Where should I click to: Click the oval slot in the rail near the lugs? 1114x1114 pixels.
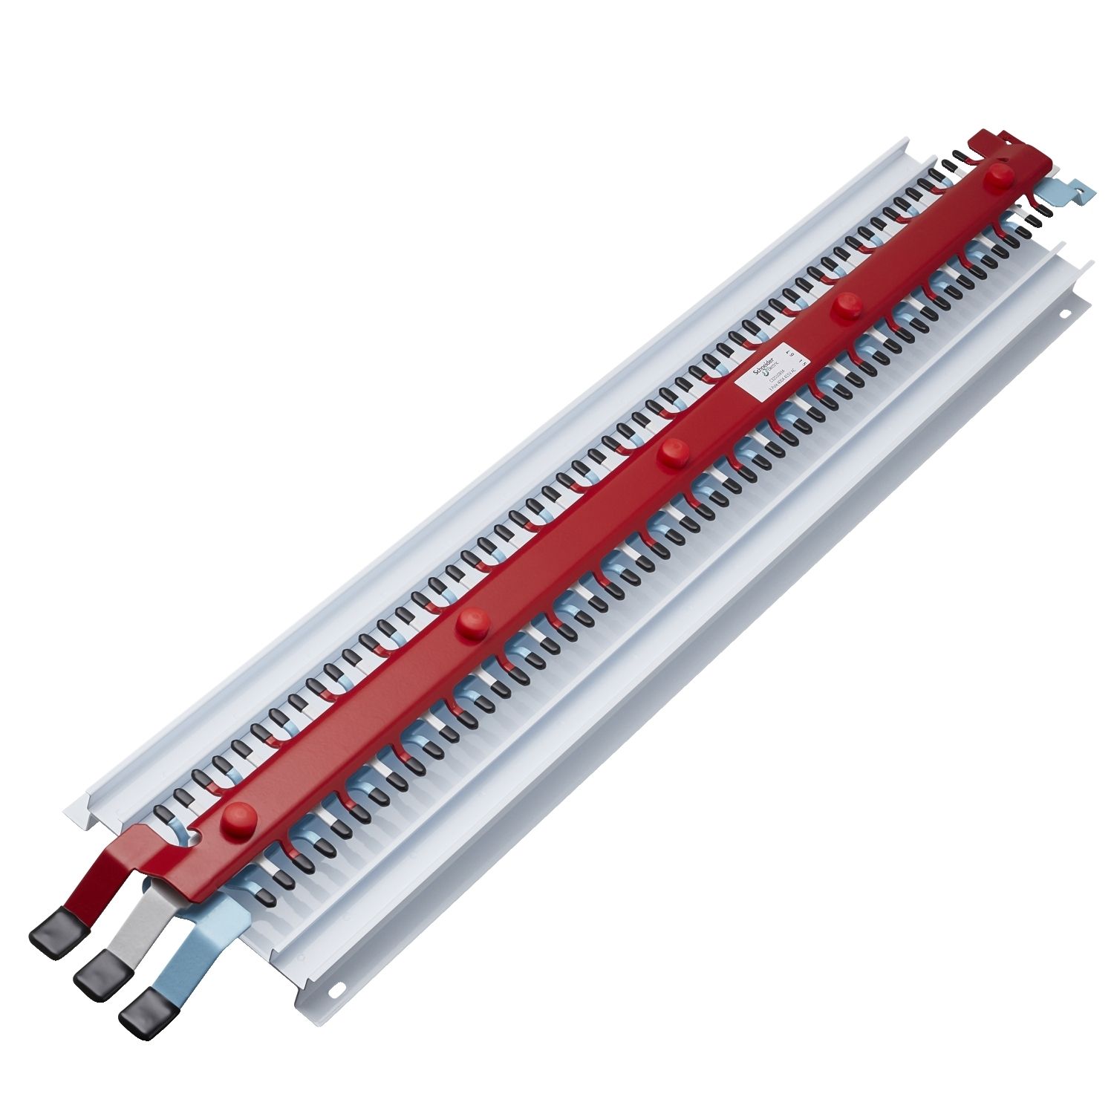click(x=339, y=988)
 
